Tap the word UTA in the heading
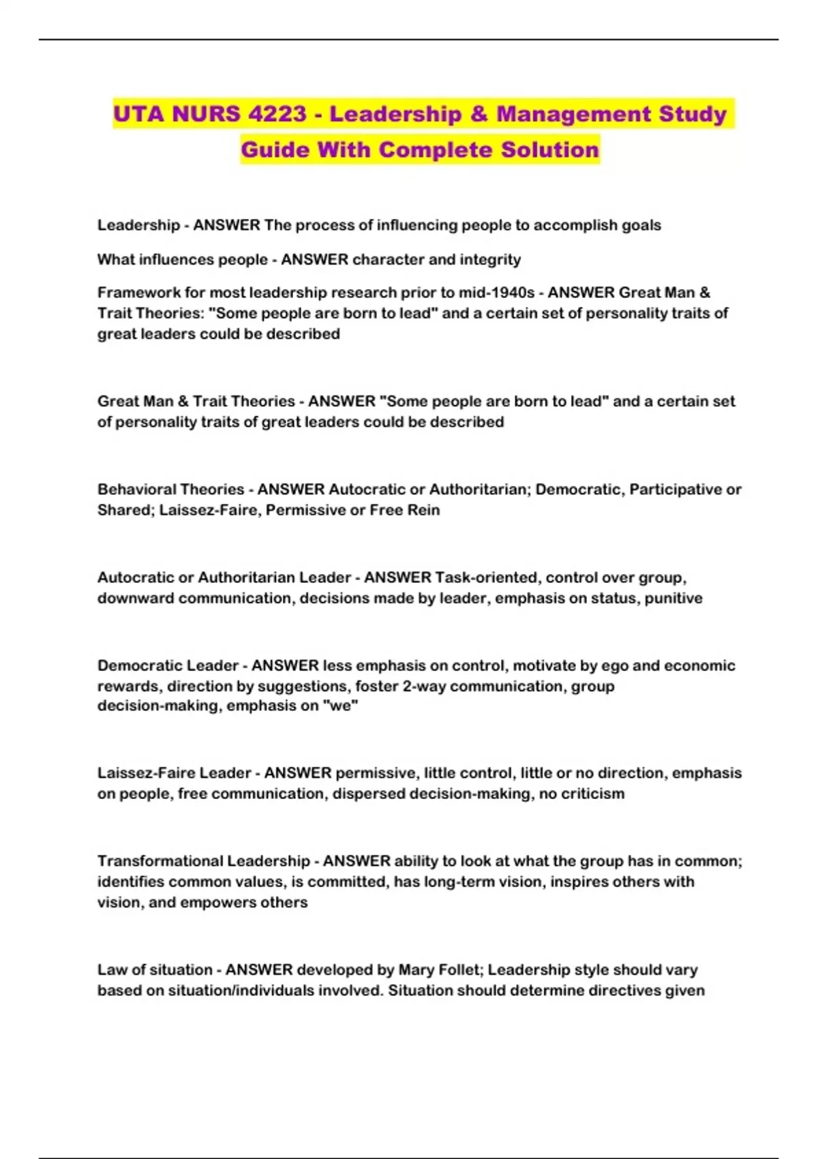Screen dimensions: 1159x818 [x=139, y=113]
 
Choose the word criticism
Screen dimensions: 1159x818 [x=592, y=794]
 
